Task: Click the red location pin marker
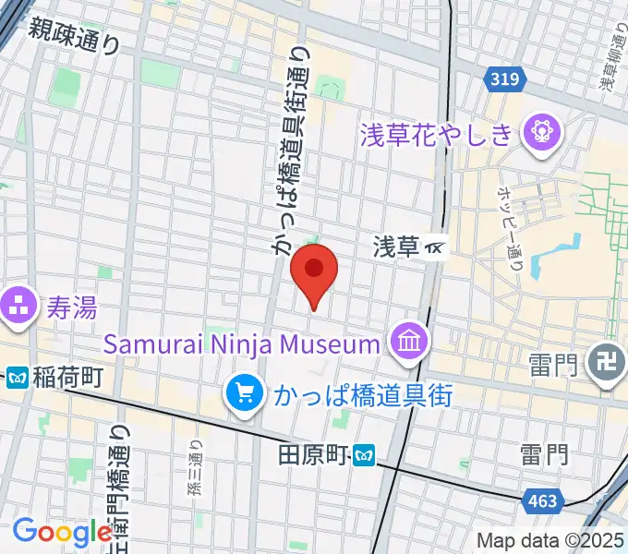(314, 273)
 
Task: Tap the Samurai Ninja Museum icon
(406, 343)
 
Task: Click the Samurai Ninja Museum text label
(242, 344)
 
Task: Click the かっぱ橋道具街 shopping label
(362, 395)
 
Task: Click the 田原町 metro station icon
(366, 454)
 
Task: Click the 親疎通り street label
(74, 36)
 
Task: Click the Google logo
(63, 532)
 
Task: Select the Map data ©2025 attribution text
(549, 541)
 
